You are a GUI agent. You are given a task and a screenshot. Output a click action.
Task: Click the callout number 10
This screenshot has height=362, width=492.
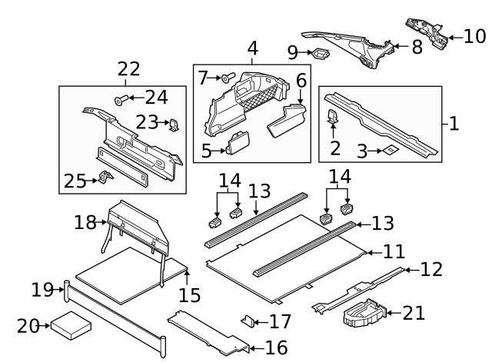click(x=474, y=36)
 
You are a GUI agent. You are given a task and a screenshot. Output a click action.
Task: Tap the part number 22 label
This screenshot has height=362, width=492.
click(x=128, y=69)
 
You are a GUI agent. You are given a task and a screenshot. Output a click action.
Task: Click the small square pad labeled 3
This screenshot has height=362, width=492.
click(x=390, y=151)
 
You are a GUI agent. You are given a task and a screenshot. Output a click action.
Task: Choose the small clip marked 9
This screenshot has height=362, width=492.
click(x=319, y=53)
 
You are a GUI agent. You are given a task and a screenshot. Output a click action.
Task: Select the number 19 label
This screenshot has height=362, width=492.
click(x=42, y=290)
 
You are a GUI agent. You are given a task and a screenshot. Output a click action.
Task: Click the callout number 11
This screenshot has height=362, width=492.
click(x=394, y=251)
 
